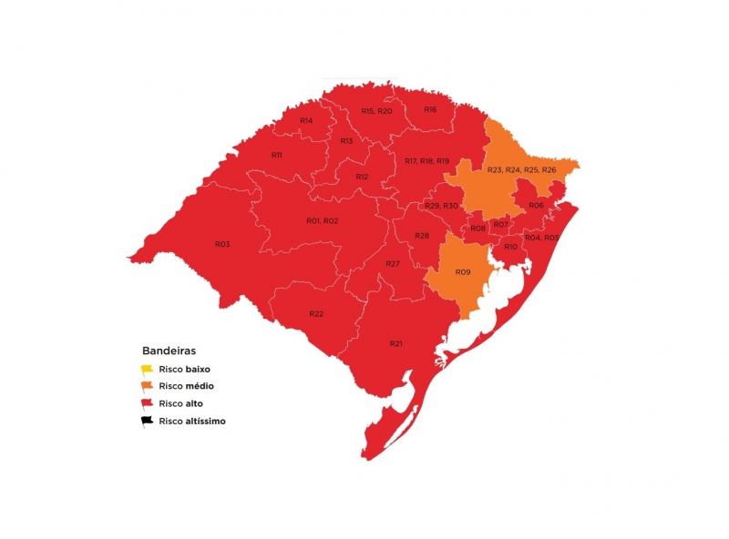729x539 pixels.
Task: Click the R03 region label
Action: click(x=222, y=244)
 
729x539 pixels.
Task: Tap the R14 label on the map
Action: click(x=306, y=121)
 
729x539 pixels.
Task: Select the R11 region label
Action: click(x=277, y=156)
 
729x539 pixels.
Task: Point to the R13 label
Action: click(x=346, y=141)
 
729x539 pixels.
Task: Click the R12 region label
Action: click(x=362, y=177)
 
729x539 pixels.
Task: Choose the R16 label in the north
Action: click(x=430, y=109)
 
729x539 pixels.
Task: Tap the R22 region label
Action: click(x=316, y=313)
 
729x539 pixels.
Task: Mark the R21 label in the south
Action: click(x=395, y=343)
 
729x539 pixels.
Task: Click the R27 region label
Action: click(x=393, y=263)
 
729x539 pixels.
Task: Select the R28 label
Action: click(x=422, y=236)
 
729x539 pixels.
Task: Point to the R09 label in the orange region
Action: click(x=463, y=272)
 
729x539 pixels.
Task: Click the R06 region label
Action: click(x=537, y=206)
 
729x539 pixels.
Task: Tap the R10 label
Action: click(x=510, y=247)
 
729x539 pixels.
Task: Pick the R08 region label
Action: click(x=478, y=228)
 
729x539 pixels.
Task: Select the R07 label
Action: click(x=500, y=224)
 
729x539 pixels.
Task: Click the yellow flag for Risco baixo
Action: click(x=146, y=369)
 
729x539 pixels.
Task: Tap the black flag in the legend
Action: click(x=146, y=421)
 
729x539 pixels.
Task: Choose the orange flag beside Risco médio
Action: click(x=146, y=386)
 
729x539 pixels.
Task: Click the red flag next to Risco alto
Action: click(x=146, y=403)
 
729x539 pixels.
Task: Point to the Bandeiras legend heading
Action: click(x=169, y=350)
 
